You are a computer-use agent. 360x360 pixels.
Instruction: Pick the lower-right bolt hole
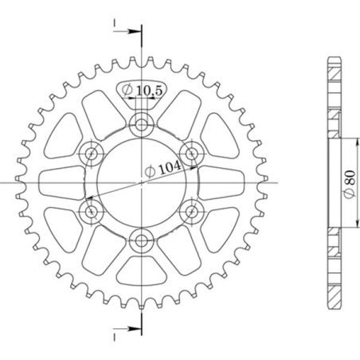192,211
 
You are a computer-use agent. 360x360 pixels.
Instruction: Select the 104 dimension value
169,167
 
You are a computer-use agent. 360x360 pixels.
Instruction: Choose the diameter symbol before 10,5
127,92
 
